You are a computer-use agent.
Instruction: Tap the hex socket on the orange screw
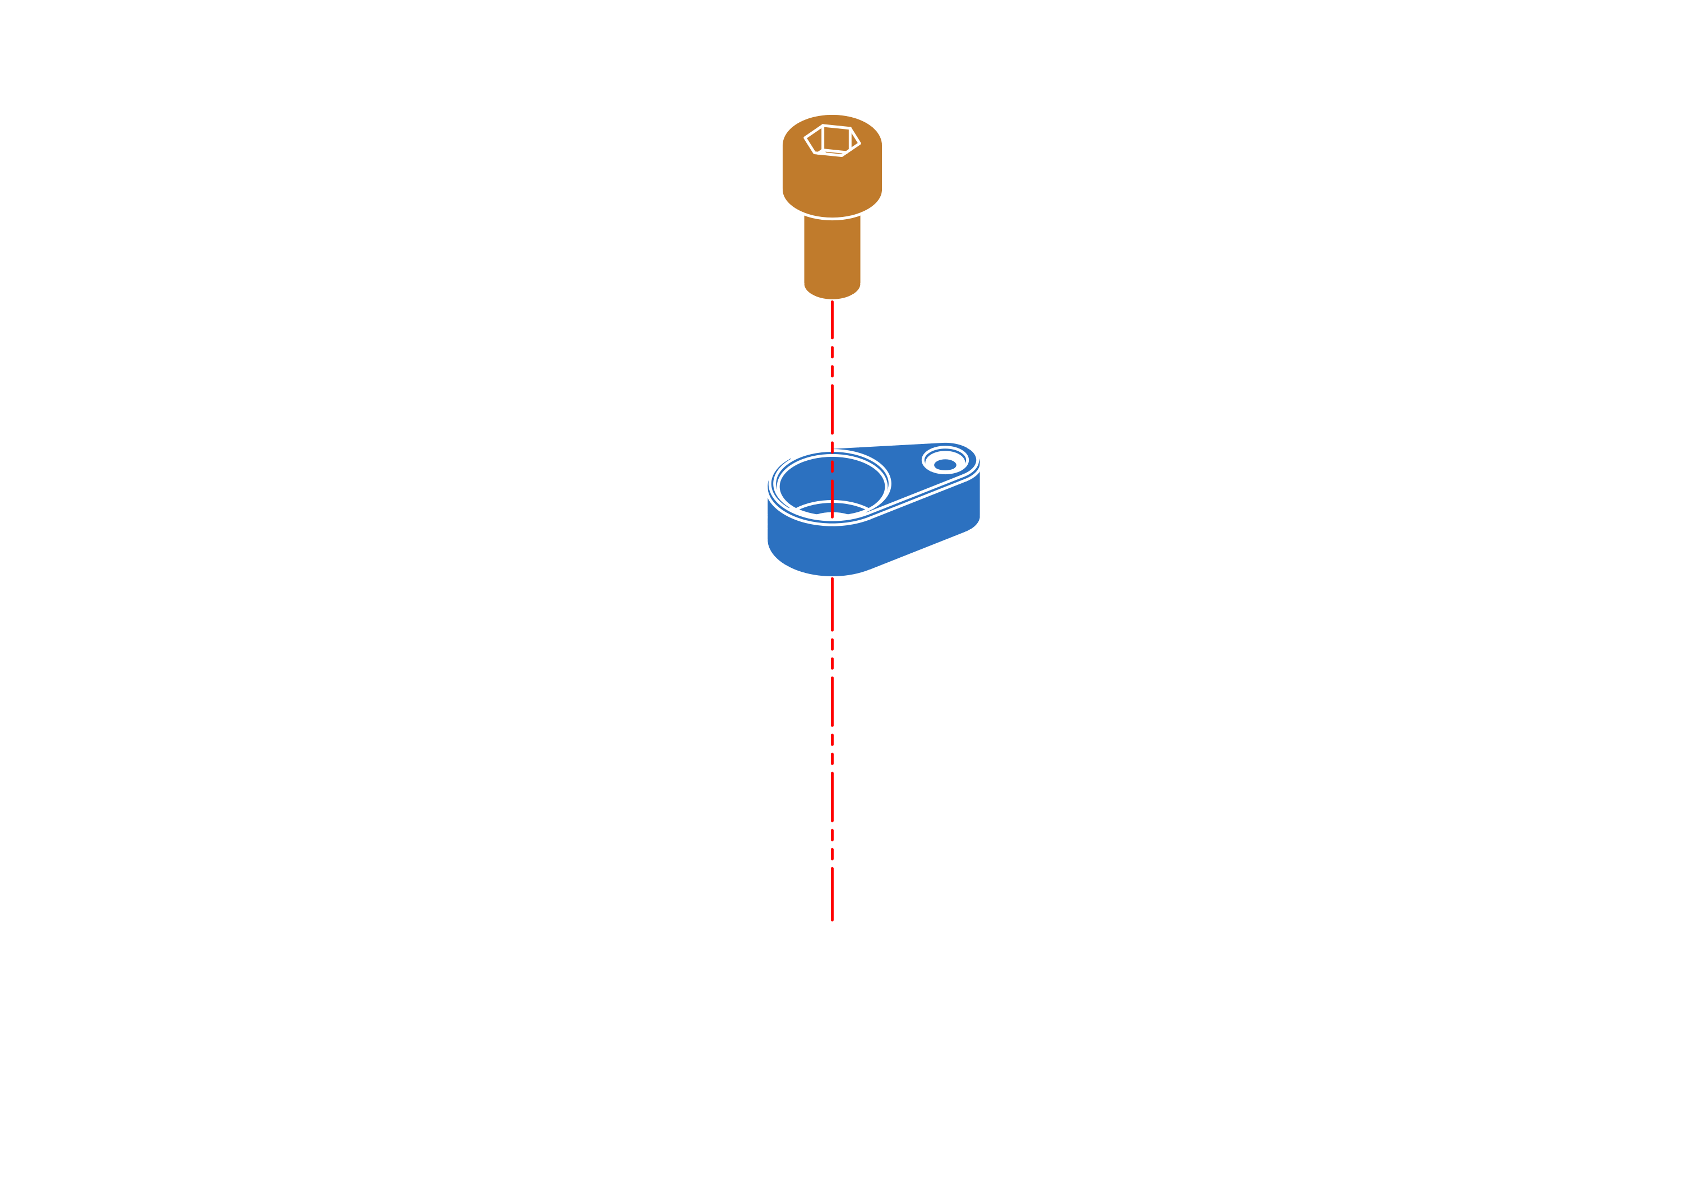[832, 141]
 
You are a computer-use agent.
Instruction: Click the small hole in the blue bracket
[945, 464]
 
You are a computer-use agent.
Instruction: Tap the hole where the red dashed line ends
[832, 910]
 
